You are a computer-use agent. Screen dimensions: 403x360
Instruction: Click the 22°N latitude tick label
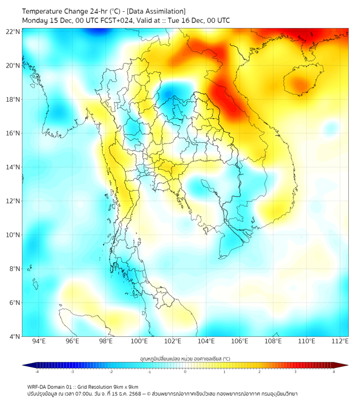click(13, 31)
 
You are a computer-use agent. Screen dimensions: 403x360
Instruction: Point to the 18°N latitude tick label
click(13, 100)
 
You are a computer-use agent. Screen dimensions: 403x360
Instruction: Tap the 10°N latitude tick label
click(13, 235)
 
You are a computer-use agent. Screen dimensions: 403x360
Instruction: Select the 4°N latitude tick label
click(14, 337)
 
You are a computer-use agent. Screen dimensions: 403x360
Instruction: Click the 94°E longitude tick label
click(39, 342)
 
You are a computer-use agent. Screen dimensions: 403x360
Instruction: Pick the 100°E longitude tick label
click(139, 342)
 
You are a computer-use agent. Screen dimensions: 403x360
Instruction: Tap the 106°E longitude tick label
click(240, 342)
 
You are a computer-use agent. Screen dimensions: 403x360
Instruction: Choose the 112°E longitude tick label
click(340, 342)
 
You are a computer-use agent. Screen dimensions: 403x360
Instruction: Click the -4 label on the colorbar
click(37, 372)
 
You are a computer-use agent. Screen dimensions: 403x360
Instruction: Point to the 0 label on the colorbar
click(185, 372)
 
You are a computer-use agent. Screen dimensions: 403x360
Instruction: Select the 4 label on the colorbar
click(334, 372)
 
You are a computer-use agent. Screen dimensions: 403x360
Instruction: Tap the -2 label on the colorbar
click(111, 372)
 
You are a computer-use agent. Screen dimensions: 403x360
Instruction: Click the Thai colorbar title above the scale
click(185, 358)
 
